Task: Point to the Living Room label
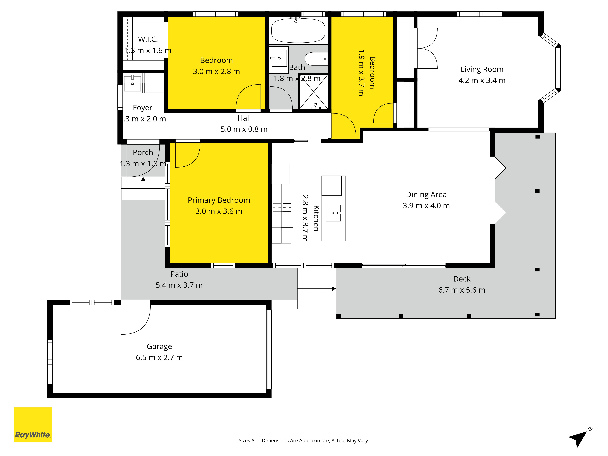coord(482,69)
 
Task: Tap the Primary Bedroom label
coord(219,200)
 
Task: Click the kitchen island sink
coord(333,213)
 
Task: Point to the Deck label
coord(462,279)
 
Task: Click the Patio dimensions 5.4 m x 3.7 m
coord(179,285)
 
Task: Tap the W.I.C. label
coord(148,39)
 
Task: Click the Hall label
coord(244,118)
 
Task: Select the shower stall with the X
coord(313,92)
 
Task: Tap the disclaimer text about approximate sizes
coord(304,441)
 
